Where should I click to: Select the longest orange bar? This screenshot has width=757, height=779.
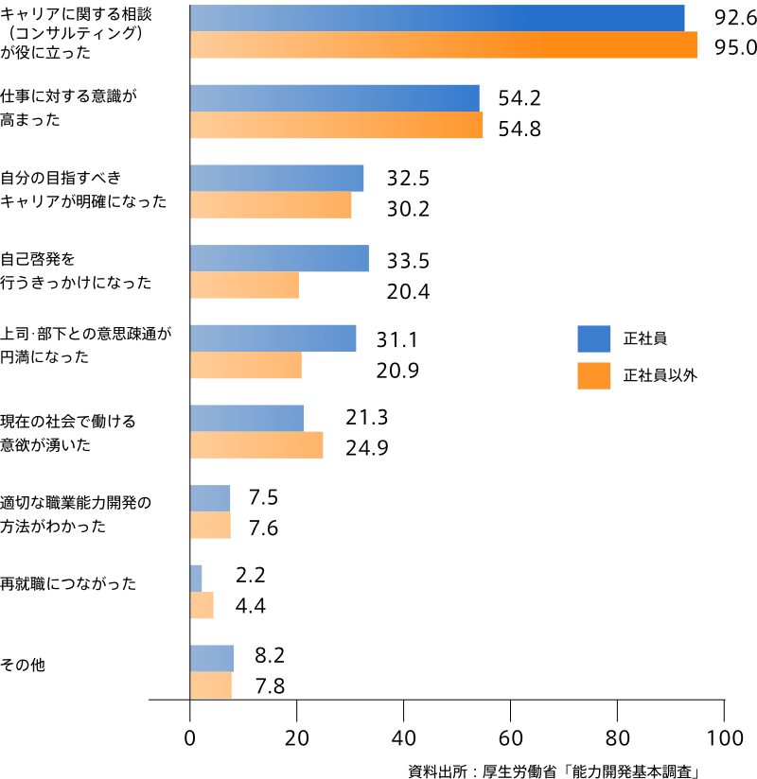[444, 45]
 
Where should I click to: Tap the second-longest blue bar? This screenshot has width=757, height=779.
[335, 98]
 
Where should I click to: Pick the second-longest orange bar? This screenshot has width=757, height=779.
[337, 125]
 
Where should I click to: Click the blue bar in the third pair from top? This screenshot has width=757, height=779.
[277, 179]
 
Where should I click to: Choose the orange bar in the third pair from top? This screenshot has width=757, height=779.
[271, 205]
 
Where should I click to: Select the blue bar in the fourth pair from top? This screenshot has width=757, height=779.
[279, 259]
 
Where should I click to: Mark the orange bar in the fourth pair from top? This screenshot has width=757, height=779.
[244, 286]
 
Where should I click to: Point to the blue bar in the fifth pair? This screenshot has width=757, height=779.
[273, 338]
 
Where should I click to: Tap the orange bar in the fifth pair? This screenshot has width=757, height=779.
[246, 366]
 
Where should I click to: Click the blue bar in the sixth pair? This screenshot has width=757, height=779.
[247, 419]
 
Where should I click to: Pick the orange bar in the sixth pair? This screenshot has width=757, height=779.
[256, 445]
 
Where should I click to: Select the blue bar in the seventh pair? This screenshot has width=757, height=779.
[210, 498]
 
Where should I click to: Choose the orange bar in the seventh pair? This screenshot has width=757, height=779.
[210, 526]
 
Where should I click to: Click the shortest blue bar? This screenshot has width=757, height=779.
[196, 579]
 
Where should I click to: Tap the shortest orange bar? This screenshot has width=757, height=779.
[202, 606]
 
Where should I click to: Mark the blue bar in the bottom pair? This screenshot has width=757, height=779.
[212, 659]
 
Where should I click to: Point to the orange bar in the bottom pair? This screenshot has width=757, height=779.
[211, 685]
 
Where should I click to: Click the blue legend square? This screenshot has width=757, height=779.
[594, 338]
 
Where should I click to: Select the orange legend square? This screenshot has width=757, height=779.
[594, 375]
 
